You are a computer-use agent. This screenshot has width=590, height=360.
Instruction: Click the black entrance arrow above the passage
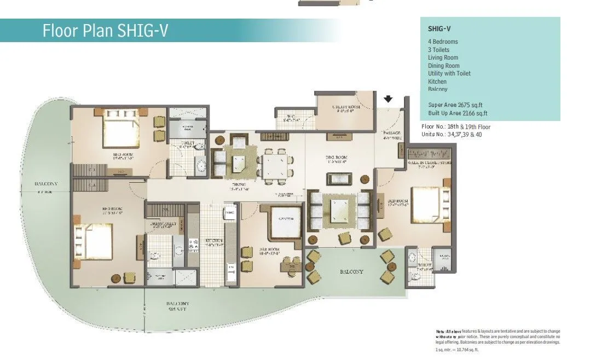click(388, 100)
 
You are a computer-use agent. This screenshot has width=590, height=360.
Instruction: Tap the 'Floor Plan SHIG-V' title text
click(105, 31)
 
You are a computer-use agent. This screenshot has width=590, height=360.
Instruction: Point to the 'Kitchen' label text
click(214, 242)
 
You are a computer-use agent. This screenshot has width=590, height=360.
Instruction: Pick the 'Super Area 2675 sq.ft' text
click(455, 105)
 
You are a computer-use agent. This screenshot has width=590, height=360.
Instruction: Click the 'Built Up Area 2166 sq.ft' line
click(458, 113)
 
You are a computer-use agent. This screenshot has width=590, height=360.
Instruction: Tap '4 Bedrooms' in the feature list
click(443, 42)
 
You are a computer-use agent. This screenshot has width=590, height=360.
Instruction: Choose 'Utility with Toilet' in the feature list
click(449, 73)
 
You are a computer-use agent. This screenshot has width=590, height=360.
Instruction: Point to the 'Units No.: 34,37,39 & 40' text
click(455, 134)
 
